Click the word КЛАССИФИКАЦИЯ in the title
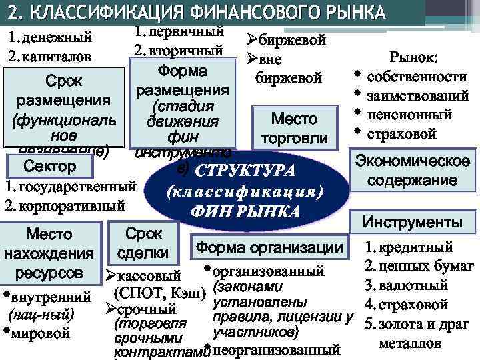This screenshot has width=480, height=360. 110,13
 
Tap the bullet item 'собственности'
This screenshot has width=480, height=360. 417,77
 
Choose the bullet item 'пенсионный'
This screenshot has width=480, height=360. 410,115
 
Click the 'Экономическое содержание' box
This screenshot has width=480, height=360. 412,171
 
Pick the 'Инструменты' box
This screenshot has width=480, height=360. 412,222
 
